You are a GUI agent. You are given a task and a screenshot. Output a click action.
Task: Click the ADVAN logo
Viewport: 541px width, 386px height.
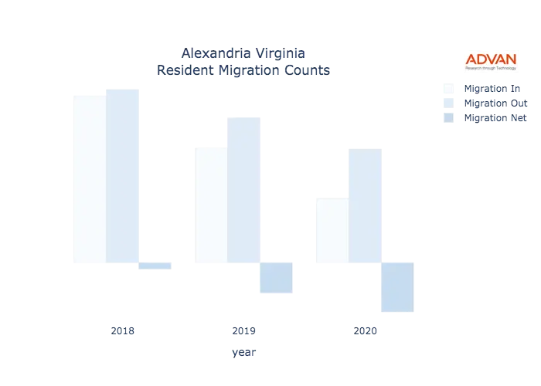[x=491, y=61]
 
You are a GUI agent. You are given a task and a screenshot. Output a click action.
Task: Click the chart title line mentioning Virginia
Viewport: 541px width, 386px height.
[x=244, y=54]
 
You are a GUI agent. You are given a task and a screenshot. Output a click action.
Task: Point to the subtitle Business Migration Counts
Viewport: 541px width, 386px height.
[x=244, y=71]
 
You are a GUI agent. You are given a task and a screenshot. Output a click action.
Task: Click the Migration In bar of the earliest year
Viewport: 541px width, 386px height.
[x=87, y=178]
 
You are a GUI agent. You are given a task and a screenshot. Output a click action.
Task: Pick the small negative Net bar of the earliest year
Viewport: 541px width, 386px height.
[x=155, y=265]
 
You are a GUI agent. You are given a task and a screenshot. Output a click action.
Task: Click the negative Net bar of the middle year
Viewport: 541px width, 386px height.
[x=276, y=278]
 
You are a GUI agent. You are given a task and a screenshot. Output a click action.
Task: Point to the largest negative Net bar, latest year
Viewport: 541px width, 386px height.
[x=396, y=286]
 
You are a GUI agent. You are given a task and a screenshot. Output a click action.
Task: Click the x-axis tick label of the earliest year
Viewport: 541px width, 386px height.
[x=124, y=332]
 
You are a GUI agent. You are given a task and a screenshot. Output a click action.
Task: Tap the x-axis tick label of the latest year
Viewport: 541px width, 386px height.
[x=365, y=332]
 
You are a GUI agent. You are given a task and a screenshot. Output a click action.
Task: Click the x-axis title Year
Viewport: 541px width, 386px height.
[x=243, y=354]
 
